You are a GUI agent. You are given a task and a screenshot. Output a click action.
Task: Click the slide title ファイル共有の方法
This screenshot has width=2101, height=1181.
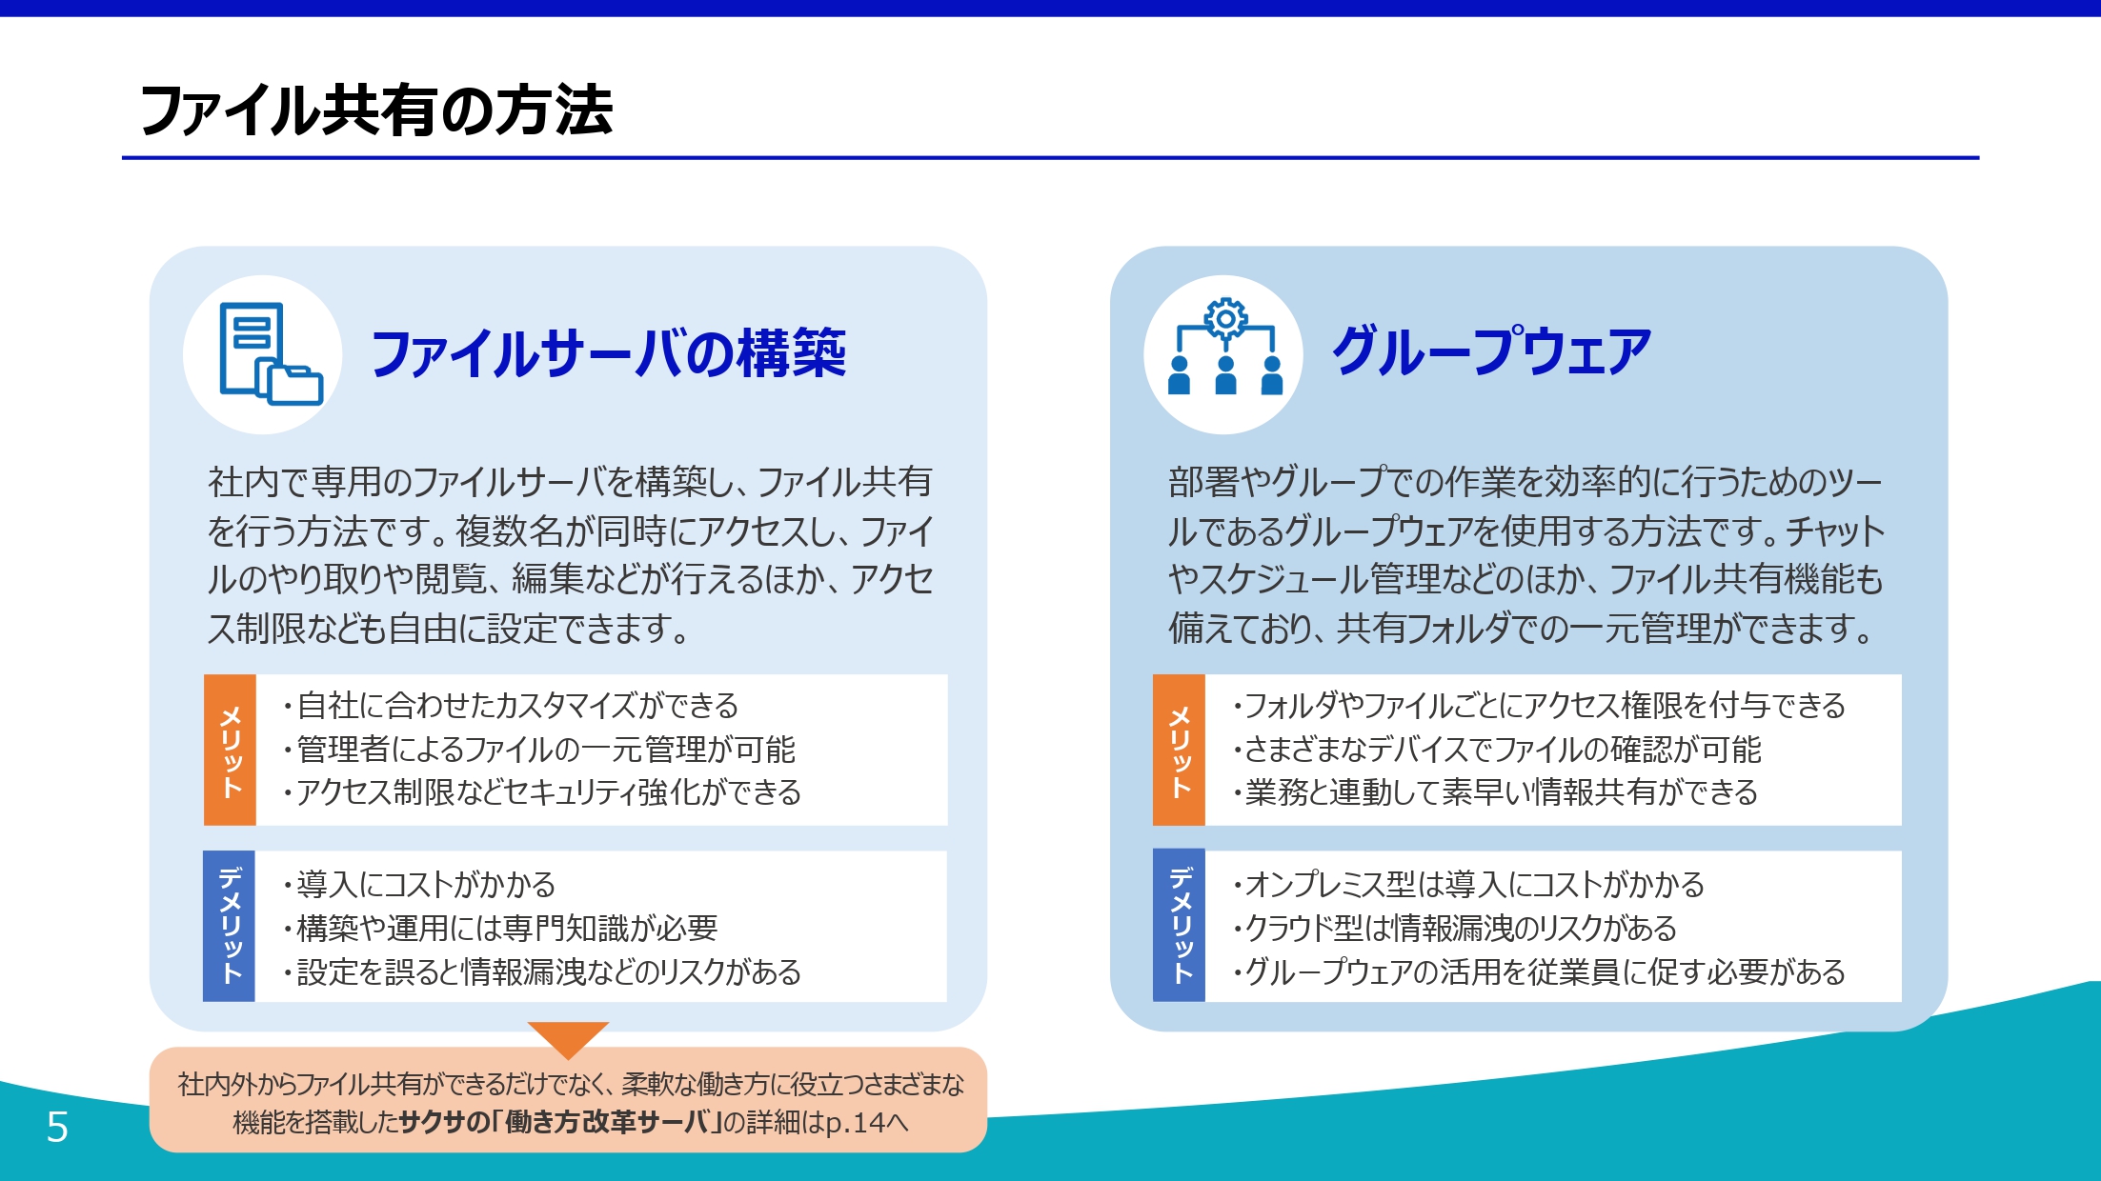376,110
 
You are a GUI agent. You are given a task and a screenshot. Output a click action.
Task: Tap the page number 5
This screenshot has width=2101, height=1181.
57,1127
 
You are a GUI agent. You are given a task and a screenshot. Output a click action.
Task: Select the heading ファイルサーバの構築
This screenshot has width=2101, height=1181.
608,353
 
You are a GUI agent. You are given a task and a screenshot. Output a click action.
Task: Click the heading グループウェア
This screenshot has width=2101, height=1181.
1491,350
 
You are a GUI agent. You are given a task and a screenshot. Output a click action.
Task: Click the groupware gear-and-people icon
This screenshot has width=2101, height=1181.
1225,347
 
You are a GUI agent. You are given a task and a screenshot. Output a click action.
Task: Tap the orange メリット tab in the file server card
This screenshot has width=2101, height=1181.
230,750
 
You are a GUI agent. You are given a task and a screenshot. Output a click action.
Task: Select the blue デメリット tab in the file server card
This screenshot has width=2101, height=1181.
229,926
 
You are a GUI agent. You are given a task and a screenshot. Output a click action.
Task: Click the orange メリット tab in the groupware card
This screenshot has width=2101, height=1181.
1179,750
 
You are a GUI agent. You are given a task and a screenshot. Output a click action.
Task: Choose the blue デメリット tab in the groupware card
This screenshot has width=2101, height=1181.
1179,926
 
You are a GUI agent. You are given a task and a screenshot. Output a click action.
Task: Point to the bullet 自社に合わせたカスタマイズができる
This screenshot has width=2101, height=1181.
511,706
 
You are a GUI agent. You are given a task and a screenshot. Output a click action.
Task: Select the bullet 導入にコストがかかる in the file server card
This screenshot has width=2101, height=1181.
419,885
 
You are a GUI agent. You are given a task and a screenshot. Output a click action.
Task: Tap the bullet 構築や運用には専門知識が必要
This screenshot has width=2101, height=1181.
500,928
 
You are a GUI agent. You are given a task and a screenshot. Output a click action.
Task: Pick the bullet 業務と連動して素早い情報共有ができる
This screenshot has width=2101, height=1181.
1495,792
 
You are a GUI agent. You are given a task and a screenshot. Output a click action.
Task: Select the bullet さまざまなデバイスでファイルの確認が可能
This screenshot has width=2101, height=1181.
1497,750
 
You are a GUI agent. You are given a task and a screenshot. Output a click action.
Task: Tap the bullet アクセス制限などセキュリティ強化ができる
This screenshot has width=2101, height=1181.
542,792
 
